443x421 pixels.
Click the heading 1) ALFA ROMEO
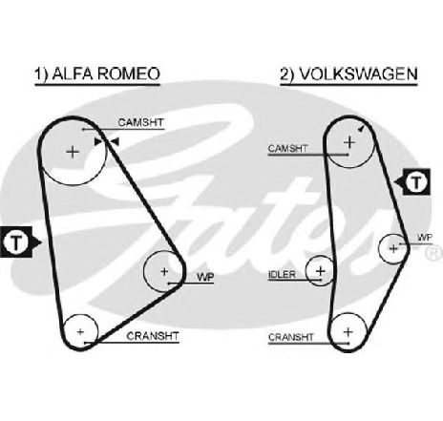pos(97,74)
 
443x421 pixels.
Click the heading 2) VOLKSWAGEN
pos(348,74)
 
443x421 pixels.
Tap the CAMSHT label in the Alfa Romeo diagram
pos(140,122)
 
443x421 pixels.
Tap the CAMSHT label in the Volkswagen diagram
pos(288,149)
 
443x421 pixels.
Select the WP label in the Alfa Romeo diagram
pos(205,277)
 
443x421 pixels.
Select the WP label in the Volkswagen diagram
pos(425,238)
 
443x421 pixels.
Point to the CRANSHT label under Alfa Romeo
pos(153,336)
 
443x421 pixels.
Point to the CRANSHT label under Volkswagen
pos(291,337)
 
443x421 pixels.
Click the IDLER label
pos(282,274)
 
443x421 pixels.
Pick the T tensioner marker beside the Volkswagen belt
pos(414,182)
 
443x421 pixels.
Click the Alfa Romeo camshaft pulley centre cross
pos(73,152)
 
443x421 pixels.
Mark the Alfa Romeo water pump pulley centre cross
pos(164,271)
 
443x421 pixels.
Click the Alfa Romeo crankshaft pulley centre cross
pos(80,332)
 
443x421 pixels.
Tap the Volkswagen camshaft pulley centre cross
pos(349,142)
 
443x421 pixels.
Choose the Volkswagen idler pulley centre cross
pos(321,271)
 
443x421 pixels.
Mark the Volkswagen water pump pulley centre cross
pos(393,248)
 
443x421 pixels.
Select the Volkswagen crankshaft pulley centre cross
pos(348,332)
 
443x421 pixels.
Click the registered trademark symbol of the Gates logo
pos(434,254)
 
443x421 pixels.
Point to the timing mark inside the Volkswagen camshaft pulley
pos(361,128)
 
